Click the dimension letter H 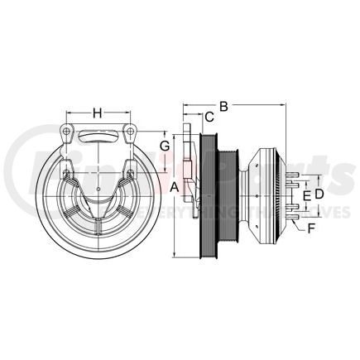coord(97,113)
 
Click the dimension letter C coord(209,118)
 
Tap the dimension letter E coord(306,194)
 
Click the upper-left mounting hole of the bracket coord(66,132)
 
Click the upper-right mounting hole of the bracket coord(129,132)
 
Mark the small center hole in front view coord(98,190)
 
